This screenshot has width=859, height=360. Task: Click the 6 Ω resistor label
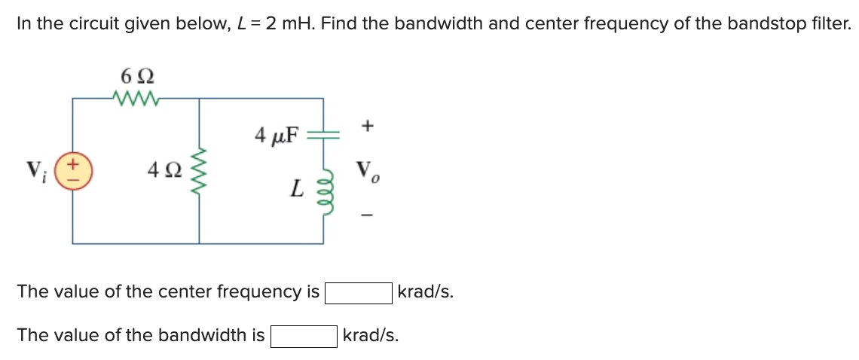click(136, 76)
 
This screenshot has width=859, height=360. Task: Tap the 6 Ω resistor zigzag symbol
click(136, 97)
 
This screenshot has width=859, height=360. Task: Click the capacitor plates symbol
click(324, 136)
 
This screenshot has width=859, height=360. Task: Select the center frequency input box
click(358, 292)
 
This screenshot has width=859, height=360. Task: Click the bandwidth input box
click(304, 336)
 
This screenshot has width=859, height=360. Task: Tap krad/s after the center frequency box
click(425, 292)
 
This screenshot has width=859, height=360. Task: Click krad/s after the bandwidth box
click(371, 336)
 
